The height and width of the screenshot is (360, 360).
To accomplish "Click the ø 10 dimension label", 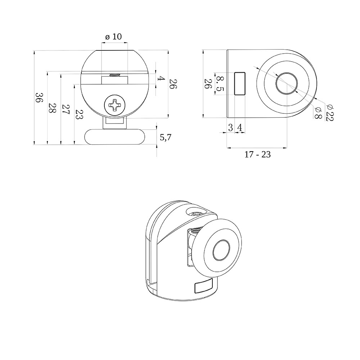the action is tap(113, 37).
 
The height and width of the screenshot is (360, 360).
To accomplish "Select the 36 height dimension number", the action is tap(39, 98).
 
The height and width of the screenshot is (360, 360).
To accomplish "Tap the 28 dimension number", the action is tap(52, 108).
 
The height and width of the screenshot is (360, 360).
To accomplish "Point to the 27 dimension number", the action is tap(66, 110).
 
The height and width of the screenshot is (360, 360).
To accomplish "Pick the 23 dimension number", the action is tap(79, 114).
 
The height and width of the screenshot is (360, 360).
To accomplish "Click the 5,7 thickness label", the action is tap(166, 138).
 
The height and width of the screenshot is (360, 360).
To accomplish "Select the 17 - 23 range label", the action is tap(257, 154).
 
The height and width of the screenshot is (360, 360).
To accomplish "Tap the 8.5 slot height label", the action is tap(220, 84).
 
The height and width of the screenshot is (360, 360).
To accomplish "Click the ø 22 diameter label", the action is tap(330, 112).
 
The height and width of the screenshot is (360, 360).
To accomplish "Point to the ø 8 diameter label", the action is tap(318, 112).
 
